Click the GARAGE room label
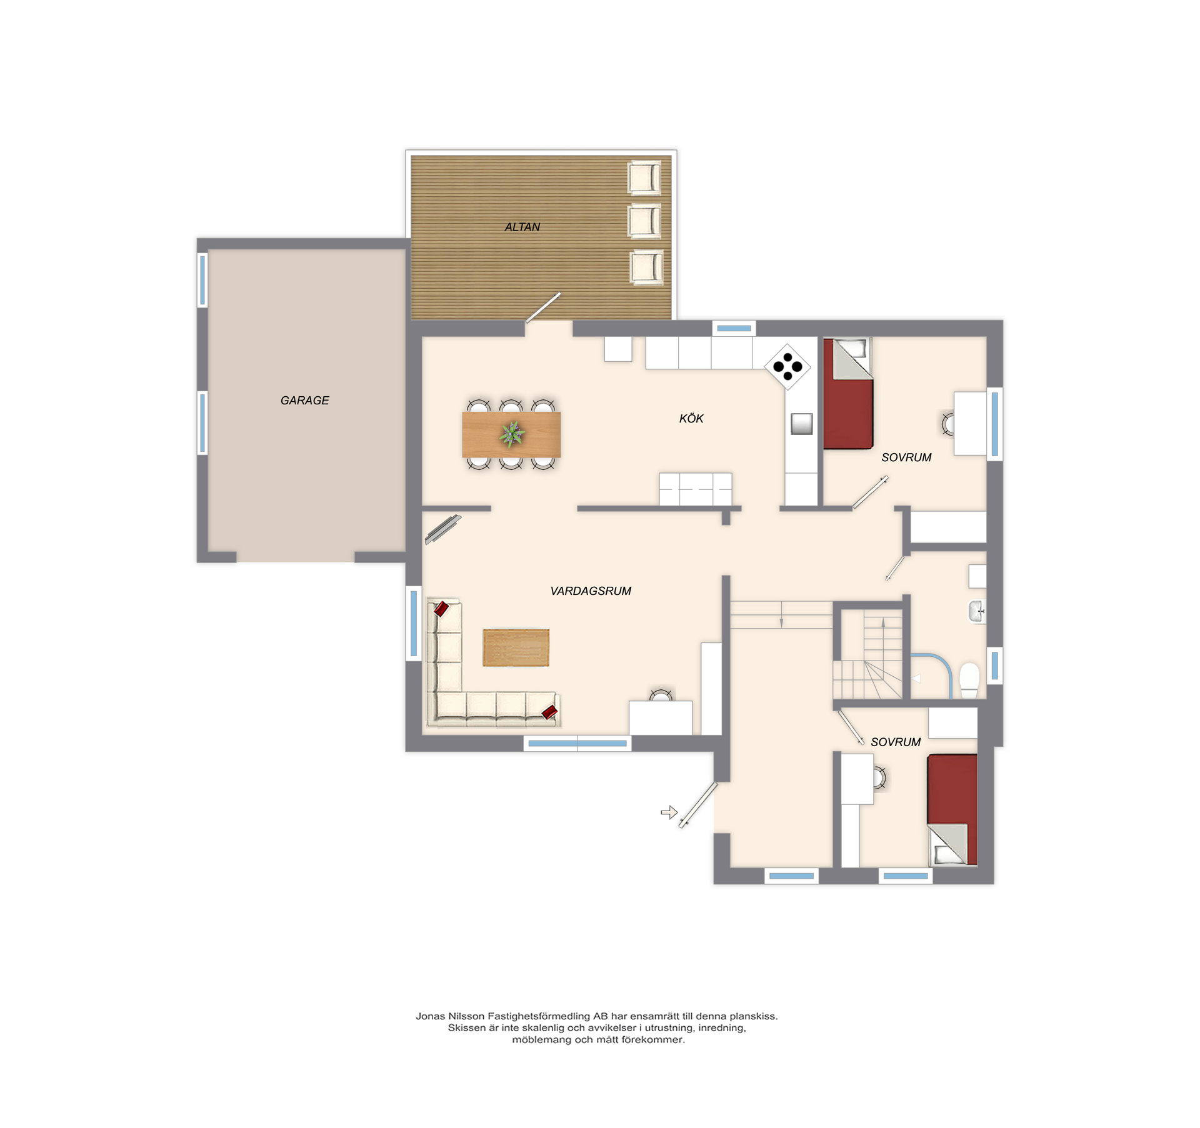tap(304, 401)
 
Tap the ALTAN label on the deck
tap(522, 227)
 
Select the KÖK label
tap(691, 418)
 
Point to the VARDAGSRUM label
tap(591, 591)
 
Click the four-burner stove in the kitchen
tap(787, 367)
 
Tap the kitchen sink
tap(801, 424)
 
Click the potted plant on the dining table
tap(512, 434)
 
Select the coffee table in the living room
tap(516, 647)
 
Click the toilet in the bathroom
tap(969, 680)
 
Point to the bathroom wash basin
tap(977, 611)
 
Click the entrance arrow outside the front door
tap(669, 812)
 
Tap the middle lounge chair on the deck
tap(644, 221)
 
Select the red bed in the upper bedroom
tap(847, 394)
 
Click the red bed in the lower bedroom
tap(952, 810)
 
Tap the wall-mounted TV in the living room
tap(443, 529)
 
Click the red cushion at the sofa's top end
tap(441, 609)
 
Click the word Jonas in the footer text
tap(430, 1016)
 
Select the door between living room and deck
tap(542, 308)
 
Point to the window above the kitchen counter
tap(734, 328)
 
